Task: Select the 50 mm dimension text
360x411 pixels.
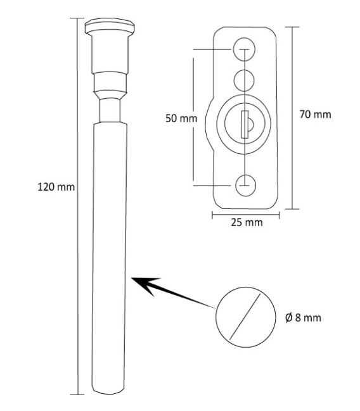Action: pyautogui.click(x=178, y=118)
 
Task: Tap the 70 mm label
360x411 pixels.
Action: pyautogui.click(x=315, y=115)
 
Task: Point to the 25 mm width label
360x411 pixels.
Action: pyautogui.click(x=245, y=224)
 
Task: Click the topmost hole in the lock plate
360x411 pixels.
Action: pyautogui.click(x=244, y=48)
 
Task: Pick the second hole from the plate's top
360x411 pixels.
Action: pyautogui.click(x=244, y=79)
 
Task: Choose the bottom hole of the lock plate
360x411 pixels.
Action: pyautogui.click(x=245, y=184)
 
